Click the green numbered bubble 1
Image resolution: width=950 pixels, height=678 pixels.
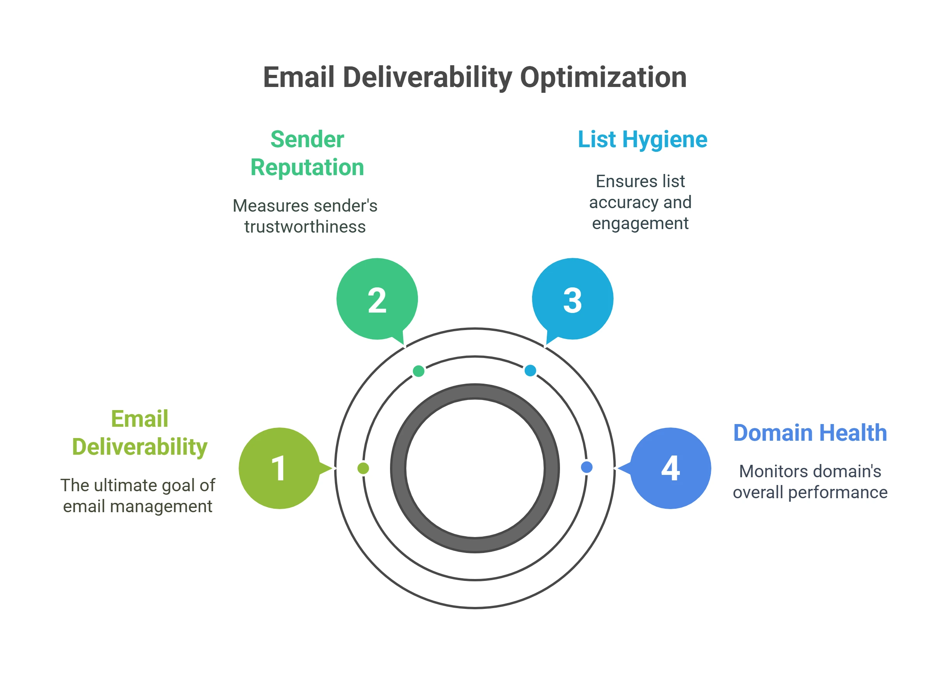[279, 468]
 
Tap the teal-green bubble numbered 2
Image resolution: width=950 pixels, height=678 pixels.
[377, 299]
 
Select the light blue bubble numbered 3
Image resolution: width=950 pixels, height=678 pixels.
[572, 299]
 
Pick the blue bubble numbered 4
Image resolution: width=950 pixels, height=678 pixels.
[671, 468]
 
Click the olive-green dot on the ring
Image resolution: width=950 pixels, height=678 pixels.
[363, 468]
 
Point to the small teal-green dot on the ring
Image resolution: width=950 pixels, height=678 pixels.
[418, 371]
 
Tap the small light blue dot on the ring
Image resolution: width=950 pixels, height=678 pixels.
[530, 370]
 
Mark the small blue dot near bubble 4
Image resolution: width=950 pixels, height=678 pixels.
[587, 467]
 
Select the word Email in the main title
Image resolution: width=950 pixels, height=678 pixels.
[299, 78]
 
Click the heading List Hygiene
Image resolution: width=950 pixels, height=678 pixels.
[643, 139]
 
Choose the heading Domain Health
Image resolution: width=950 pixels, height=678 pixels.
[810, 433]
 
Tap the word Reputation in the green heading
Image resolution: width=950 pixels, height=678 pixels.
[307, 167]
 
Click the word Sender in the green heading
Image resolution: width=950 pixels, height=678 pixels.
[307, 139]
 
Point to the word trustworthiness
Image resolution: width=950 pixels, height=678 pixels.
[305, 227]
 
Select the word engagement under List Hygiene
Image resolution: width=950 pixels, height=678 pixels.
[640, 223]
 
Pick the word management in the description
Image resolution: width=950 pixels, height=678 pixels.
[161, 506]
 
